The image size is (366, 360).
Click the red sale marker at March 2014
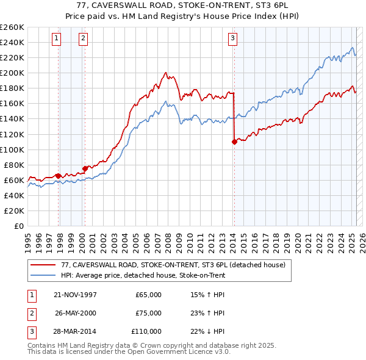[x=234, y=142]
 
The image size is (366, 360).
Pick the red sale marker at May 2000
[x=85, y=168]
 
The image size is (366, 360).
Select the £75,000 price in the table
[x=148, y=313]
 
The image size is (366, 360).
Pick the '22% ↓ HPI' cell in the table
[x=207, y=331]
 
